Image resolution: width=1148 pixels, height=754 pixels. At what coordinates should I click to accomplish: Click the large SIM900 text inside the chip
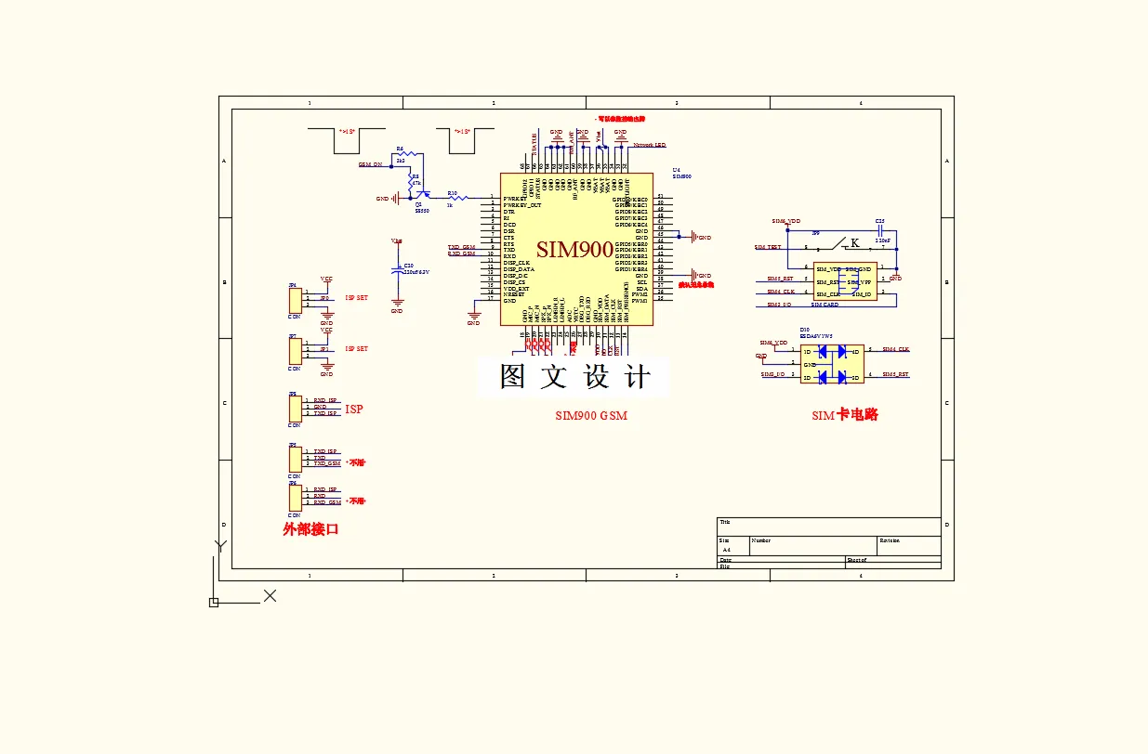coord(574,250)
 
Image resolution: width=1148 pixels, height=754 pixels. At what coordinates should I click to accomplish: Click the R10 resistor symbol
coord(453,198)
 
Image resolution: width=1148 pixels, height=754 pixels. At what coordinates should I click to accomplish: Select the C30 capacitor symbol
coord(398,269)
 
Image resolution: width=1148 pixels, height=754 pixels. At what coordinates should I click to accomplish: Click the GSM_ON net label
coord(370,164)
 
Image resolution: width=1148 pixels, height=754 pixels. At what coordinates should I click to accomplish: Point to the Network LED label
coord(649,145)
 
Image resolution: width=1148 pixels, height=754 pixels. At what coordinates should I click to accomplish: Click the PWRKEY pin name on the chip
coord(515,198)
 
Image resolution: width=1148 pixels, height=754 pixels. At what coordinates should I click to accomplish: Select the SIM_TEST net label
coord(768,247)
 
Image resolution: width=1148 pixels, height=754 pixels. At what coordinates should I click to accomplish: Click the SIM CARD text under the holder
coord(825,305)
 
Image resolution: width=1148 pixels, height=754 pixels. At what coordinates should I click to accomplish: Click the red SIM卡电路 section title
coord(844,415)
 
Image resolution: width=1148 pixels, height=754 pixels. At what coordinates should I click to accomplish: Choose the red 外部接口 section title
coord(310,529)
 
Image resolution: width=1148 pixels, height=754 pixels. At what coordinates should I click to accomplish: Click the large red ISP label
coord(354,409)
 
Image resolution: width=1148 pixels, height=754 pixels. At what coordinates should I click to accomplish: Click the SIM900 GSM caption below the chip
coord(590,416)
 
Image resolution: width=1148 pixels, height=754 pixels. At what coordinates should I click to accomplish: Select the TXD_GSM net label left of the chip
coord(461,247)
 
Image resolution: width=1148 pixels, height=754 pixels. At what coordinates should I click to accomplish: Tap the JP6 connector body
coord(295,497)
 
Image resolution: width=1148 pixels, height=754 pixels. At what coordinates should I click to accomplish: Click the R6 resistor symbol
coord(401,154)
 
